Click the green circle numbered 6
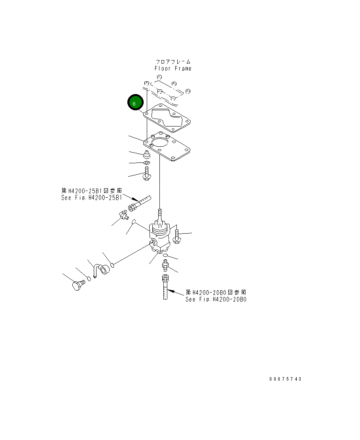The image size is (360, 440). tap(134, 103)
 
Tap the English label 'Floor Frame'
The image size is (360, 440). tap(173, 68)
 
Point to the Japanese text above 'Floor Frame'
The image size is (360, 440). tap(173, 62)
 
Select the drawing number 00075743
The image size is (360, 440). tap(285, 379)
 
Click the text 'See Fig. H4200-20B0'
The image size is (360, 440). tap(216, 299)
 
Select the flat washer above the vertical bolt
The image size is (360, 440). tap(146, 163)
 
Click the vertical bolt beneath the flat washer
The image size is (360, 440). tap(146, 174)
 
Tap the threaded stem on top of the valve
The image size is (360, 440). tap(160, 214)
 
